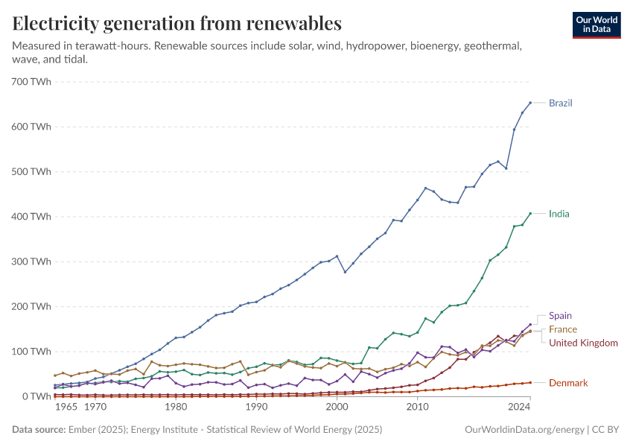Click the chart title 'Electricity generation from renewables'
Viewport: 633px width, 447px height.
tap(177, 22)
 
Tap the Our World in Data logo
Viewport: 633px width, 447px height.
tap(596, 25)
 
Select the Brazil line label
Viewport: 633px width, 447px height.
tap(560, 103)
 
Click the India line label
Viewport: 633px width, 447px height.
tap(559, 214)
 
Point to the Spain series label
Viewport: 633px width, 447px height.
tap(560, 316)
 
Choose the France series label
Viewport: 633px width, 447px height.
tap(562, 329)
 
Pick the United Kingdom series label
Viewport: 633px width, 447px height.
tap(583, 343)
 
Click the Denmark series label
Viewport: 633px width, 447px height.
tap(568, 383)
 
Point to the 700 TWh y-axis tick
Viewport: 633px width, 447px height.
tap(31, 81)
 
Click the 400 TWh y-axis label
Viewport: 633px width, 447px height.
tap(31, 217)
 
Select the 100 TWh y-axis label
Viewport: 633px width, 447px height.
tap(31, 352)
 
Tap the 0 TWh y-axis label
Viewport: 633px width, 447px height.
tap(36, 396)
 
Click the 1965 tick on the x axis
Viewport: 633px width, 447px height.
tap(66, 408)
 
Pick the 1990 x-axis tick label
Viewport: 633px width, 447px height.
tap(256, 408)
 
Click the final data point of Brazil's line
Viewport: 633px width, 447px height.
tap(530, 103)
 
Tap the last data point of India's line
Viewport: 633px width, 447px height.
tap(530, 213)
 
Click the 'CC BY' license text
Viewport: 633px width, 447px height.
tap(605, 430)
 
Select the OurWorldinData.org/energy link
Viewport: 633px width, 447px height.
tap(524, 430)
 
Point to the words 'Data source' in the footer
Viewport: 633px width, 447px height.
tap(39, 430)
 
